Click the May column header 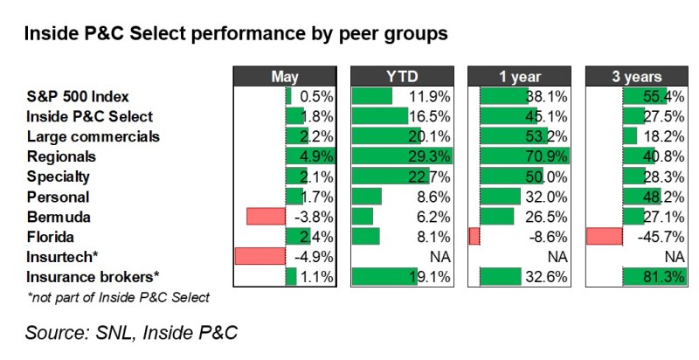point(286,76)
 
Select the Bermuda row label point(59,216)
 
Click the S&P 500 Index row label point(78,96)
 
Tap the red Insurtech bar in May point(260,256)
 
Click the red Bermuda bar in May point(266,216)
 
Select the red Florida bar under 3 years point(604,236)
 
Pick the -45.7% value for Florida point(662,236)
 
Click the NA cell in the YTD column point(442,256)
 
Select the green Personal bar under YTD point(366,196)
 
